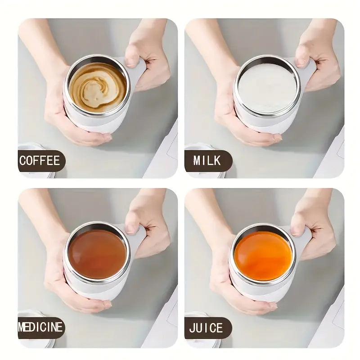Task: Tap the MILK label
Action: click(207, 161)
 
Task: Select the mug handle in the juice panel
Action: click(304, 238)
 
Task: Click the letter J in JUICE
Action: click(192, 328)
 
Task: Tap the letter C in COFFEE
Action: click(22, 161)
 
